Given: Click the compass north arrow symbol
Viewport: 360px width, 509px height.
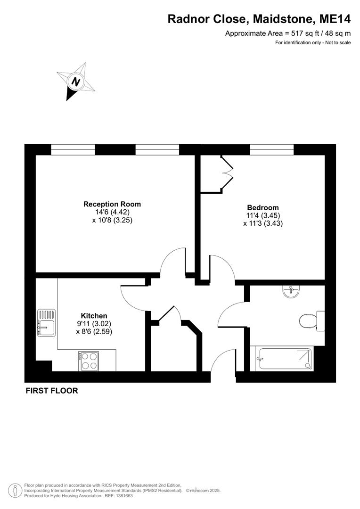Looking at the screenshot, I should pyautogui.click(x=75, y=81).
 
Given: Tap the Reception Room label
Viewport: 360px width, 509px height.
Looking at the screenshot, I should pyautogui.click(x=112, y=204).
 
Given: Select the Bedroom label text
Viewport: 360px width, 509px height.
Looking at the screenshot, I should pyautogui.click(x=263, y=207).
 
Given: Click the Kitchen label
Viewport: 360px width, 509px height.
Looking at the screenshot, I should pyautogui.click(x=94, y=316).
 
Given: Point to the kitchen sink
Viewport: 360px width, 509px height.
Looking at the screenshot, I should pyautogui.click(x=47, y=323).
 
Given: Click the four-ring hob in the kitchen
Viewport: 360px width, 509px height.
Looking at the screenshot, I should pyautogui.click(x=89, y=361).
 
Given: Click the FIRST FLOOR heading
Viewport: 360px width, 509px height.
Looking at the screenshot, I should pyautogui.click(x=52, y=391).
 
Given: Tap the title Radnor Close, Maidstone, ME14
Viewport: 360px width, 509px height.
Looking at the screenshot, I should pyautogui.click(x=260, y=19).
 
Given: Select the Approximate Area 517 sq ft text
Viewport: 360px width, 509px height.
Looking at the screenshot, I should pyautogui.click(x=288, y=33).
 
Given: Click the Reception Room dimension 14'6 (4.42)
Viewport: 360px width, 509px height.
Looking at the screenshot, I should pyautogui.click(x=112, y=212).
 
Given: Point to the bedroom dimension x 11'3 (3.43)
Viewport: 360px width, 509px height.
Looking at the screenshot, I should pyautogui.click(x=263, y=224).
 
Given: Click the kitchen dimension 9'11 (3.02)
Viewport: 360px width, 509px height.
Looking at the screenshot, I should pyautogui.click(x=94, y=324).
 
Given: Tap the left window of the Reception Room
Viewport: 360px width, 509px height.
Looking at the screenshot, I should pyautogui.click(x=73, y=150).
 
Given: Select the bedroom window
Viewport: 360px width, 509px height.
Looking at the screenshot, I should pyautogui.click(x=272, y=150).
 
